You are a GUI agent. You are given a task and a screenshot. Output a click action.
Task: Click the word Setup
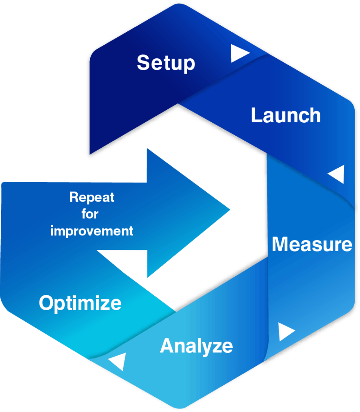(x=166, y=63)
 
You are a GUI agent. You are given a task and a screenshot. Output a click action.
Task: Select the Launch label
(x=286, y=115)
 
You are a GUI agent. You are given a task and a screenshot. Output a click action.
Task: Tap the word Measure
(x=312, y=244)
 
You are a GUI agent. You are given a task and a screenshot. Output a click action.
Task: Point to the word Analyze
(x=196, y=346)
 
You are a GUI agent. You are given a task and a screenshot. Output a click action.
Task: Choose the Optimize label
(x=80, y=303)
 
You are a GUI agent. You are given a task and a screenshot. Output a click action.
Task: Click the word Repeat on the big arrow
(x=92, y=198)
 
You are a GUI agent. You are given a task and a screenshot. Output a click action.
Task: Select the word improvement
(x=92, y=231)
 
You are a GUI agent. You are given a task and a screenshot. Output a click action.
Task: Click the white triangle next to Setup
(x=239, y=54)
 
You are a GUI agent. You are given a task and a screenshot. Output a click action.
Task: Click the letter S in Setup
(x=143, y=63)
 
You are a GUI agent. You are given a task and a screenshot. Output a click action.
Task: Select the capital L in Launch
(x=256, y=115)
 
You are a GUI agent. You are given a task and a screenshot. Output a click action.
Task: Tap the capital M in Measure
(x=281, y=244)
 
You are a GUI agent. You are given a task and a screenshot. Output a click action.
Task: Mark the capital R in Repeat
(x=74, y=197)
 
